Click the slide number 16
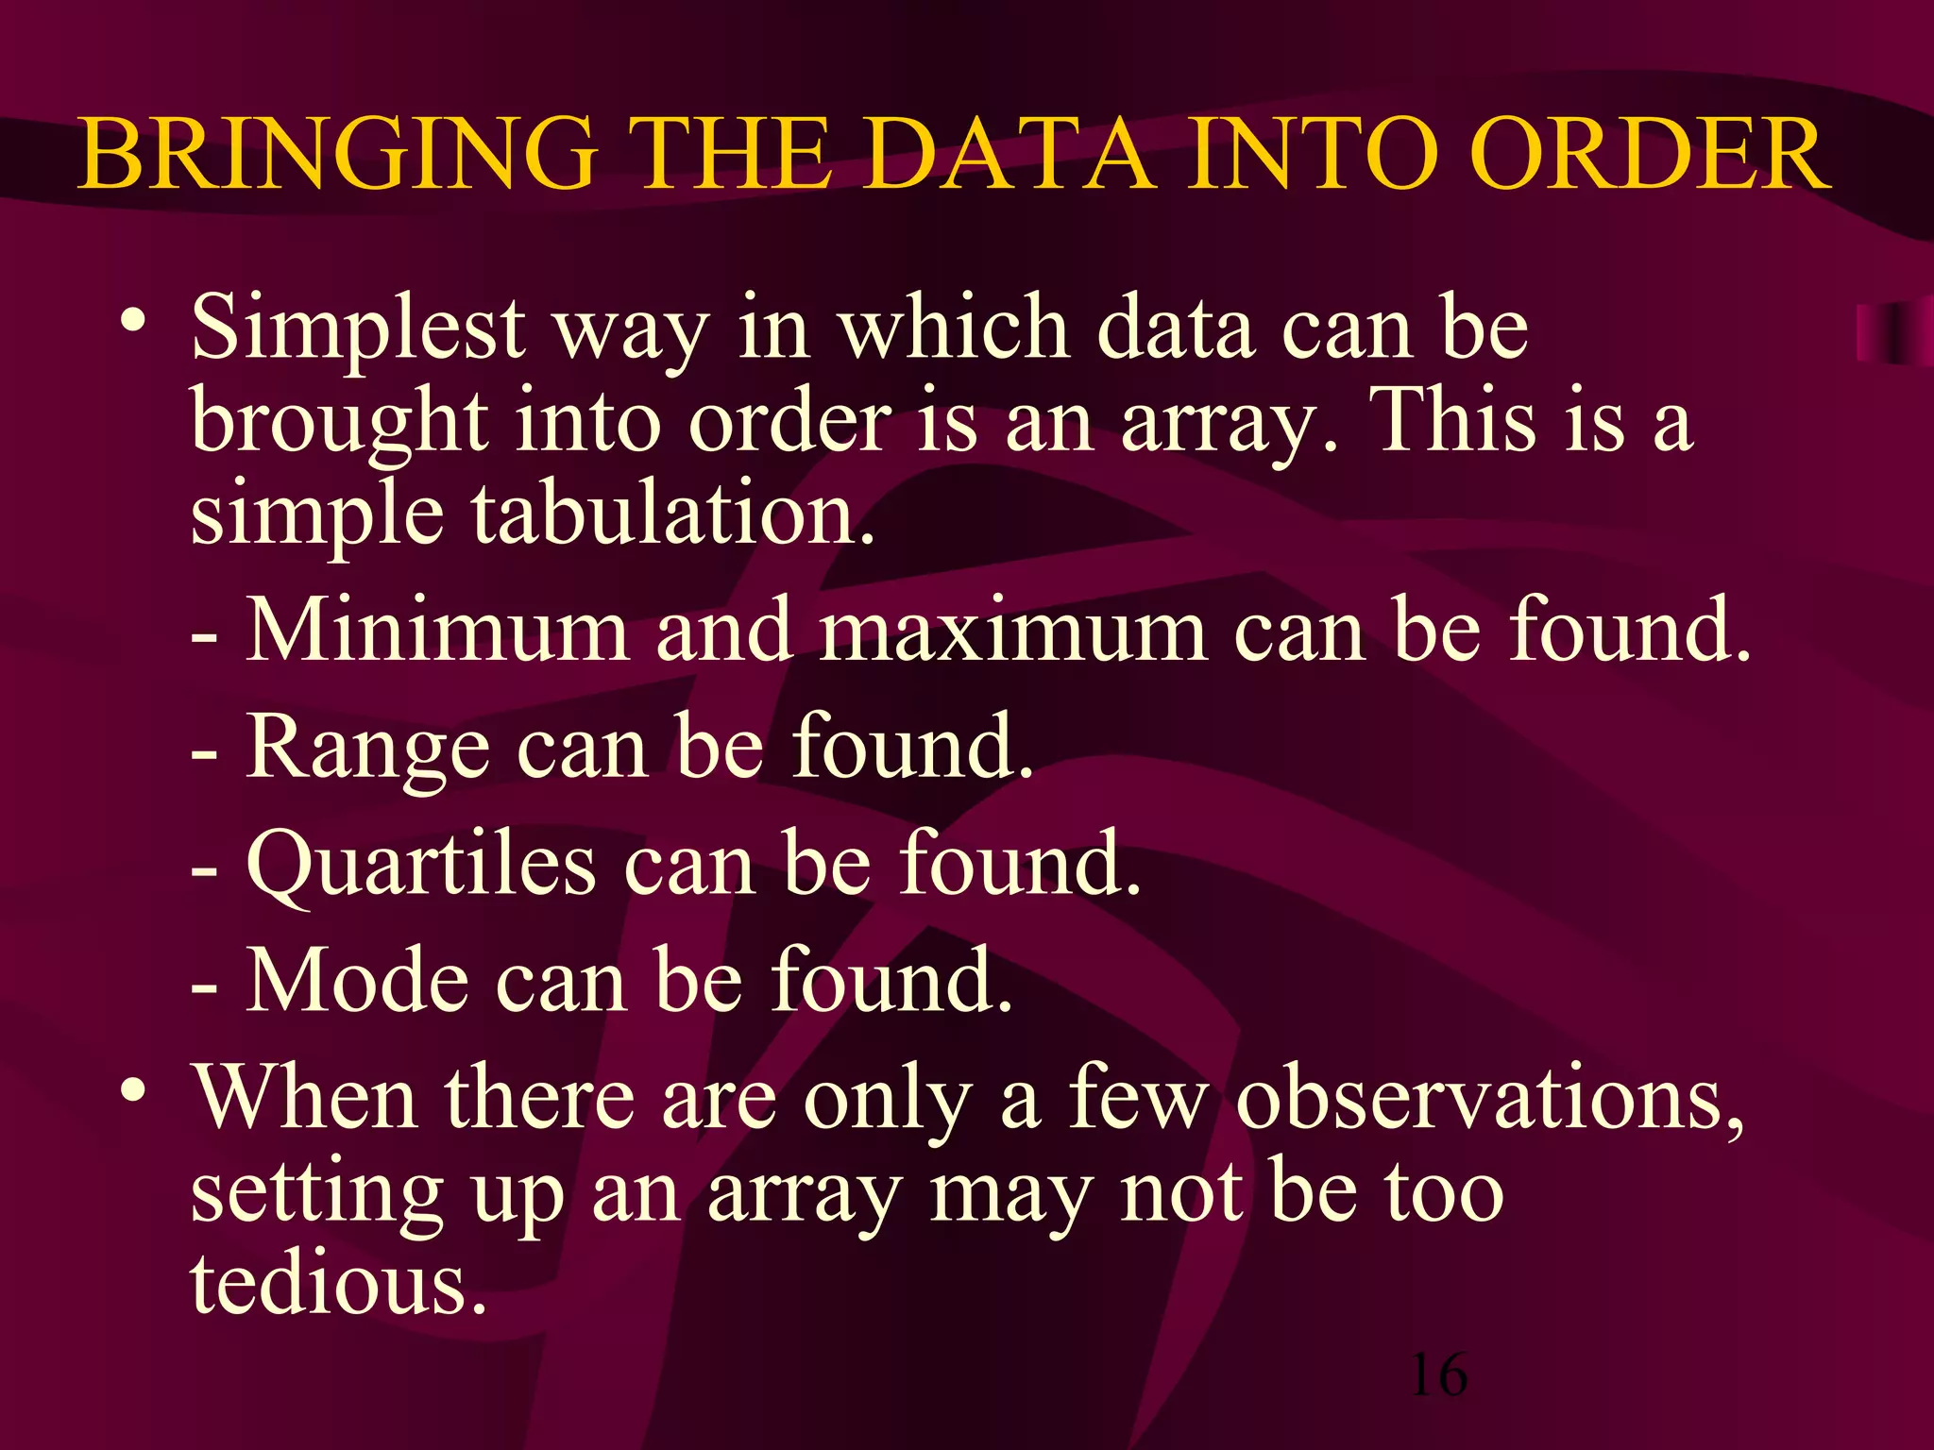[x=1438, y=1374]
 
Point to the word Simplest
[x=358, y=329]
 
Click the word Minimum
[x=437, y=630]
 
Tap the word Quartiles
[x=421, y=865]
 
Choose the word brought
[x=339, y=424]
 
